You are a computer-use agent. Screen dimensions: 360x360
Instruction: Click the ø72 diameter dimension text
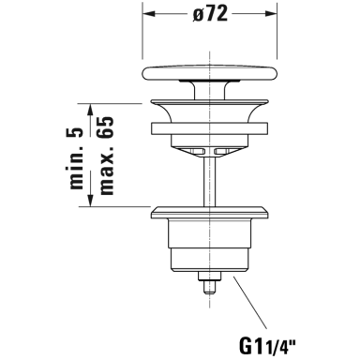pyautogui.click(x=210, y=14)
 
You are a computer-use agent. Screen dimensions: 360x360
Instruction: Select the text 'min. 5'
pyautogui.click(x=77, y=158)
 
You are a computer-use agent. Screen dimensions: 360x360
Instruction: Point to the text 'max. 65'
pyautogui.click(x=105, y=156)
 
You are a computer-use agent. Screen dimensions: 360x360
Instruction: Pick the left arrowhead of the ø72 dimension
pyautogui.click(x=149, y=14)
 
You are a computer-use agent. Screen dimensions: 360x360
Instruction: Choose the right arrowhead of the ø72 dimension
pyautogui.click(x=271, y=14)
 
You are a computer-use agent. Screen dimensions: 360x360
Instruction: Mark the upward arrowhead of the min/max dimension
pyautogui.click(x=90, y=110)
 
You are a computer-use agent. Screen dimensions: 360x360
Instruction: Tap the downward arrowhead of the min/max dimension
pyautogui.click(x=90, y=200)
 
